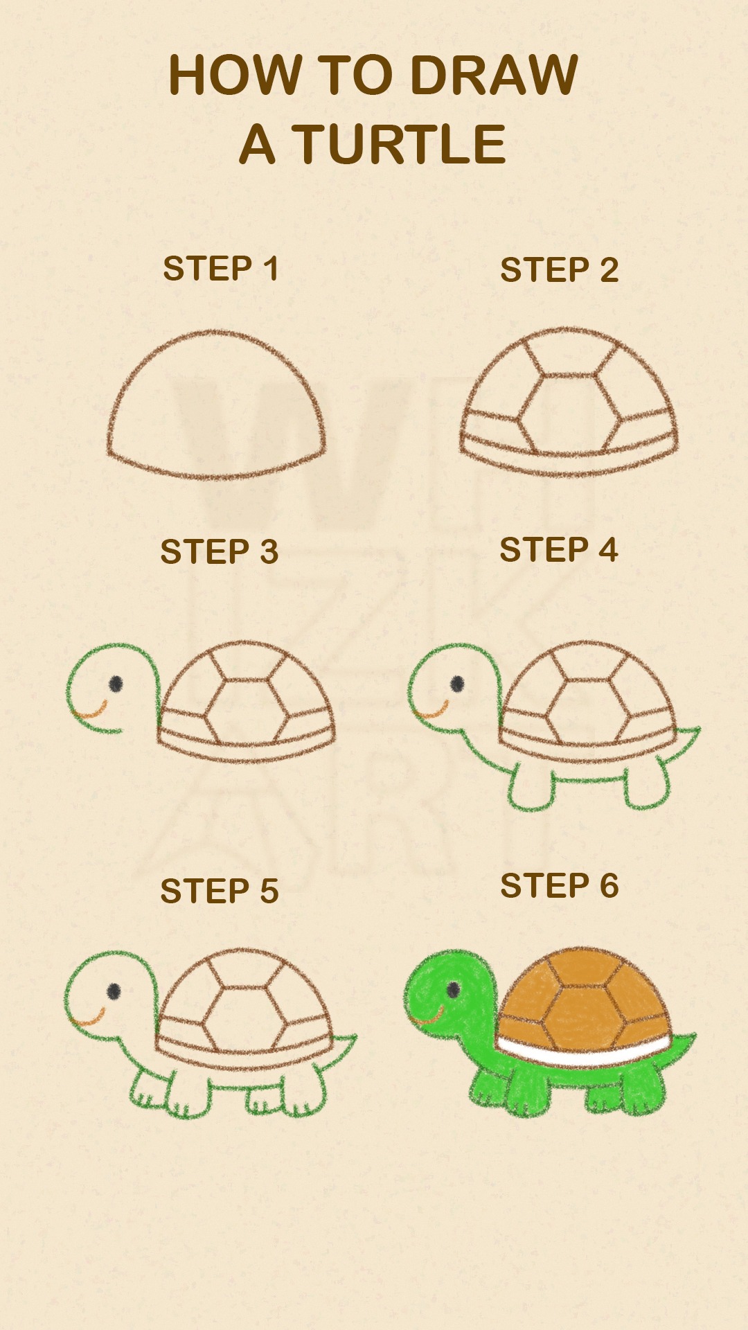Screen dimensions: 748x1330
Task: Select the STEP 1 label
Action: coord(221,268)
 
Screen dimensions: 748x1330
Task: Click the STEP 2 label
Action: coord(559,269)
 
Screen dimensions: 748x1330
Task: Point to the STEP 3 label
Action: coord(219,551)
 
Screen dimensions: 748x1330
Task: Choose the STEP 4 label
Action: coord(558,550)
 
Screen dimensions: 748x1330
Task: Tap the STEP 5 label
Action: coord(219,891)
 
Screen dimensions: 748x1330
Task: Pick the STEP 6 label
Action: coord(559,886)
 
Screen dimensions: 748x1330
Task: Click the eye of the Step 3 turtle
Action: coord(116,684)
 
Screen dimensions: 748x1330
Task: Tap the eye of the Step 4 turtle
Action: coord(457,684)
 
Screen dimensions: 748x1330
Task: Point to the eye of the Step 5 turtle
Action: coord(114,991)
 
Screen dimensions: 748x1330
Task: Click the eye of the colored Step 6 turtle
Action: coord(453,989)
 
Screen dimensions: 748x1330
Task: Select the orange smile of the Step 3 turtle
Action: coord(90,711)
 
